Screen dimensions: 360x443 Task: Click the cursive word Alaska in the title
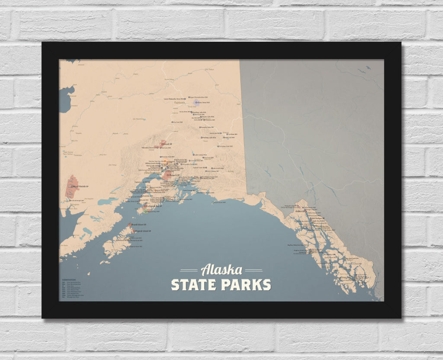point(221,270)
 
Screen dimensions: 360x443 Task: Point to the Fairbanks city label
point(180,103)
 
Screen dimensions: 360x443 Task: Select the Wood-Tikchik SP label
point(82,187)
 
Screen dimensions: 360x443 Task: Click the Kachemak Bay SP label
point(153,206)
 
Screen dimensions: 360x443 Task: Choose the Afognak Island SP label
point(143,231)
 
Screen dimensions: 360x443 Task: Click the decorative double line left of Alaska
point(189,270)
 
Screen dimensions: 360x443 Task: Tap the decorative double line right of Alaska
point(254,270)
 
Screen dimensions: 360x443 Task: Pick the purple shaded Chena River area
point(197,103)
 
